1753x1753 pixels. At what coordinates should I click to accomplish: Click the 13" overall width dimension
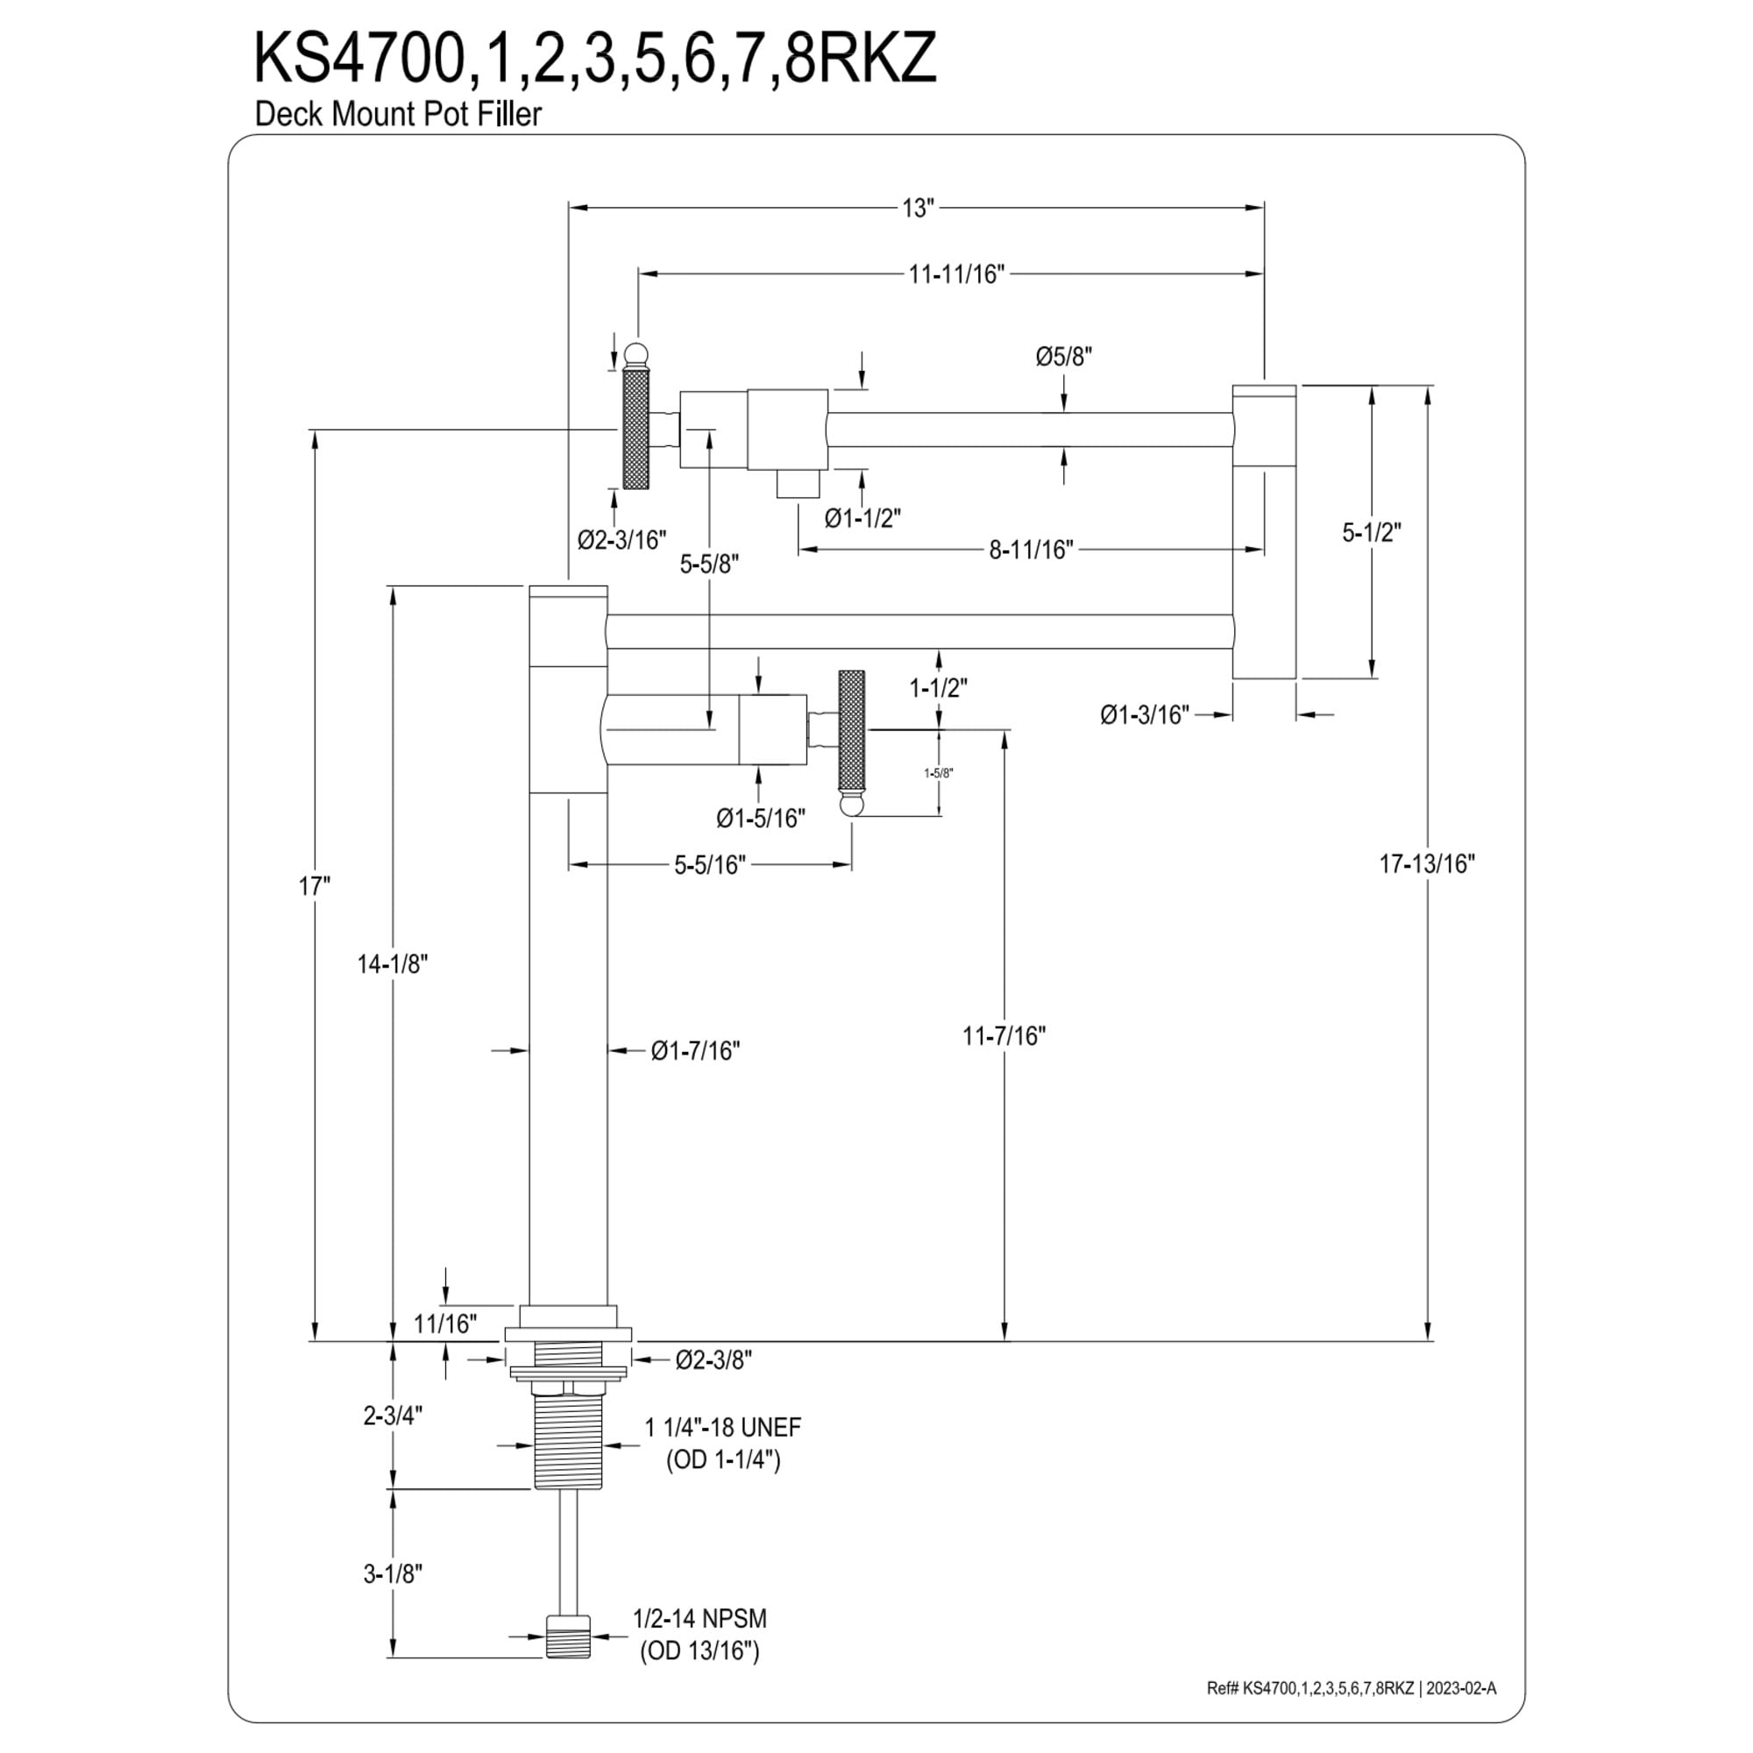[918, 208]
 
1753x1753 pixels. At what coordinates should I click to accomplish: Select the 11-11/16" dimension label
[957, 274]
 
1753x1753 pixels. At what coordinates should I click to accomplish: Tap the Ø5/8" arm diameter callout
[1064, 357]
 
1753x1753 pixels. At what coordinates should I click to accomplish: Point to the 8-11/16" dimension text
[1031, 550]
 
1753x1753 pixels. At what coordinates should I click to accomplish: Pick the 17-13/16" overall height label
[1427, 864]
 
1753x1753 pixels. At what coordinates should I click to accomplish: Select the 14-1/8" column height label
[392, 963]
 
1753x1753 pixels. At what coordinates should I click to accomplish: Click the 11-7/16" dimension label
[1004, 1035]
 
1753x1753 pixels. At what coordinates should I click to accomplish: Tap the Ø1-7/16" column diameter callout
[695, 1051]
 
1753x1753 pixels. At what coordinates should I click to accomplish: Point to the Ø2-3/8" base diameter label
[714, 1359]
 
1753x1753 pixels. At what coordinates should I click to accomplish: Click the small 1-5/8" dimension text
[938, 773]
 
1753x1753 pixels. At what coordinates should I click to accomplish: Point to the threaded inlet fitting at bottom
[568, 1662]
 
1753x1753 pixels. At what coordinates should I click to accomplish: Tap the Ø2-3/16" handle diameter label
[621, 540]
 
